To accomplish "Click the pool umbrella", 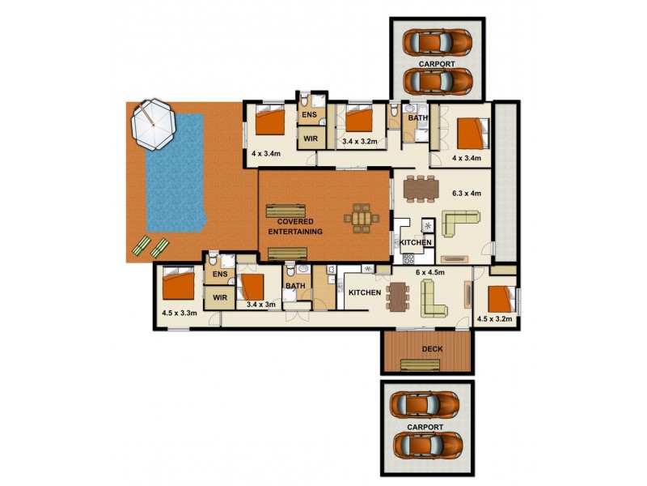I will (x=152, y=125).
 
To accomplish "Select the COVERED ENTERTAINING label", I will (x=295, y=226).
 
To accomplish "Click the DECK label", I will (x=427, y=350).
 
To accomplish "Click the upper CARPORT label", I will (x=437, y=62).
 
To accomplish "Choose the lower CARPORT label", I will (x=425, y=427).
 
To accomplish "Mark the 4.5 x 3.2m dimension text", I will (x=495, y=319).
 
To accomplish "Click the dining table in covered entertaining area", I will (x=361, y=218).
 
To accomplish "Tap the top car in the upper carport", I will (x=437, y=40).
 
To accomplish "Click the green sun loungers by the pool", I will (x=150, y=245).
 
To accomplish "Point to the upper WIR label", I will (x=310, y=139).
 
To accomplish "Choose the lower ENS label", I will (x=218, y=275).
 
